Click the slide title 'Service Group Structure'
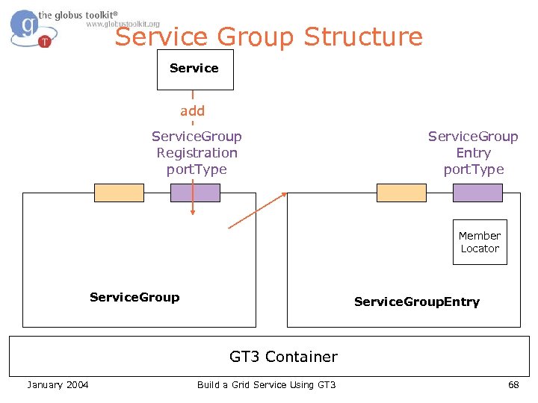click(269, 37)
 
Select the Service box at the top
click(194, 69)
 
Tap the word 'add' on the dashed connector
click(192, 111)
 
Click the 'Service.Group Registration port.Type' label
click(197, 153)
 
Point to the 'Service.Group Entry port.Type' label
click(473, 153)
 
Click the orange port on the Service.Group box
click(119, 193)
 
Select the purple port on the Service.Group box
click(195, 193)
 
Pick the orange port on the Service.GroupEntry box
click(401, 193)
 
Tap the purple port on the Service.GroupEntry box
click(477, 193)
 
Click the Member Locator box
click(480, 243)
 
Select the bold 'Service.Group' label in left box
click(134, 297)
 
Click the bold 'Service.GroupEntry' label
click(417, 302)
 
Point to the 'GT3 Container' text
click(283, 357)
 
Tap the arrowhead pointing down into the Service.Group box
click(192, 213)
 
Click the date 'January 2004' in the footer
click(58, 384)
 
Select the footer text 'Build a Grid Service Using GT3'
click(266, 384)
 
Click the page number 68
click(513, 384)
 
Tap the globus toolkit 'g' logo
click(28, 28)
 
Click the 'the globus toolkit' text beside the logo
click(78, 14)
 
